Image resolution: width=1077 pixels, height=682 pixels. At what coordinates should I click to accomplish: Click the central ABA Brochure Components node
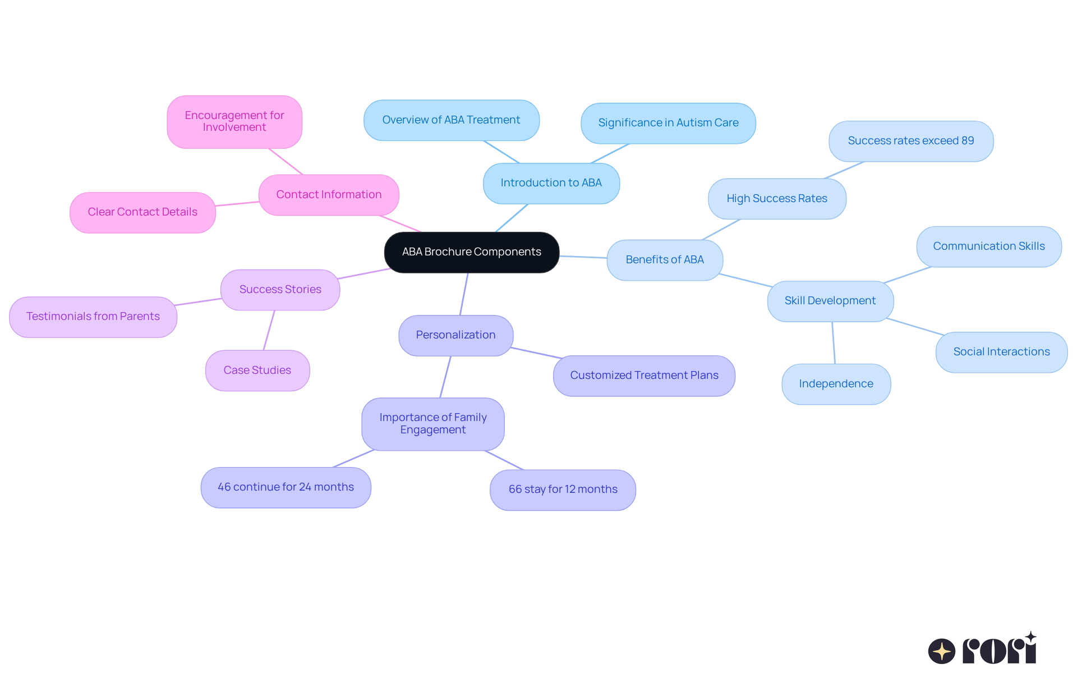pos(471,252)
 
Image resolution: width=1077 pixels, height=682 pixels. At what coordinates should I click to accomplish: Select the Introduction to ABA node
pos(551,183)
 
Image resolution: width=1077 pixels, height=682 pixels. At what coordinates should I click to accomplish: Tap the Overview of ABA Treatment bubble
pos(451,120)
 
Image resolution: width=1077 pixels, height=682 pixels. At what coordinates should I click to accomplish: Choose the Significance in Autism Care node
pos(668,123)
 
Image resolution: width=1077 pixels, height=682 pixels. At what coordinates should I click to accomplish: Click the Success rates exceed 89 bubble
pos(910,141)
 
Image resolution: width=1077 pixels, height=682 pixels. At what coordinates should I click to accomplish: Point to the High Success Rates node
pos(776,199)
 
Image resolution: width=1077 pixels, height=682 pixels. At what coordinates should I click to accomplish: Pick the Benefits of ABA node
pos(664,260)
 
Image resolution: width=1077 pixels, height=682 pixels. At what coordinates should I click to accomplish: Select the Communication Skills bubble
pos(988,246)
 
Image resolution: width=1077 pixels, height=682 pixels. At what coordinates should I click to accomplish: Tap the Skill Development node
pos(830,301)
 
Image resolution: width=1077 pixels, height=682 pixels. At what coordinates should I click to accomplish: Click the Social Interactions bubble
pos(1001,352)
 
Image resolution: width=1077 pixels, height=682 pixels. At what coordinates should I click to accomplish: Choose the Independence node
pos(836,384)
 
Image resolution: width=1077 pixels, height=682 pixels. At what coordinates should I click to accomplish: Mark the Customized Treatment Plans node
pos(644,376)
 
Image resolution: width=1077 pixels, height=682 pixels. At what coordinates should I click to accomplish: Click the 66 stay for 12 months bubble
pos(563,489)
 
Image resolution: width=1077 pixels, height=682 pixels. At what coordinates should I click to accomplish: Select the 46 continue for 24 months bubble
pos(286,487)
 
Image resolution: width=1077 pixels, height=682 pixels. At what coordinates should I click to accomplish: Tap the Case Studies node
pos(257,370)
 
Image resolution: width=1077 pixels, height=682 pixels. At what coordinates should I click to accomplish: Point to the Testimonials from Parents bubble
pos(93,317)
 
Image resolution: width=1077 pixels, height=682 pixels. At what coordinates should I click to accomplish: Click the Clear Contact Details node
pos(142,212)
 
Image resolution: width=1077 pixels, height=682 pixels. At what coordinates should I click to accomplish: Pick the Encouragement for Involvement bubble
pos(234,121)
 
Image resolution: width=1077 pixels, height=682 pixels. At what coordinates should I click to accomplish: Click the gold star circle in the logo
pos(941,651)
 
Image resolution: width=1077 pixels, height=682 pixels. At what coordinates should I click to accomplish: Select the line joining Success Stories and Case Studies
pos(269,330)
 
